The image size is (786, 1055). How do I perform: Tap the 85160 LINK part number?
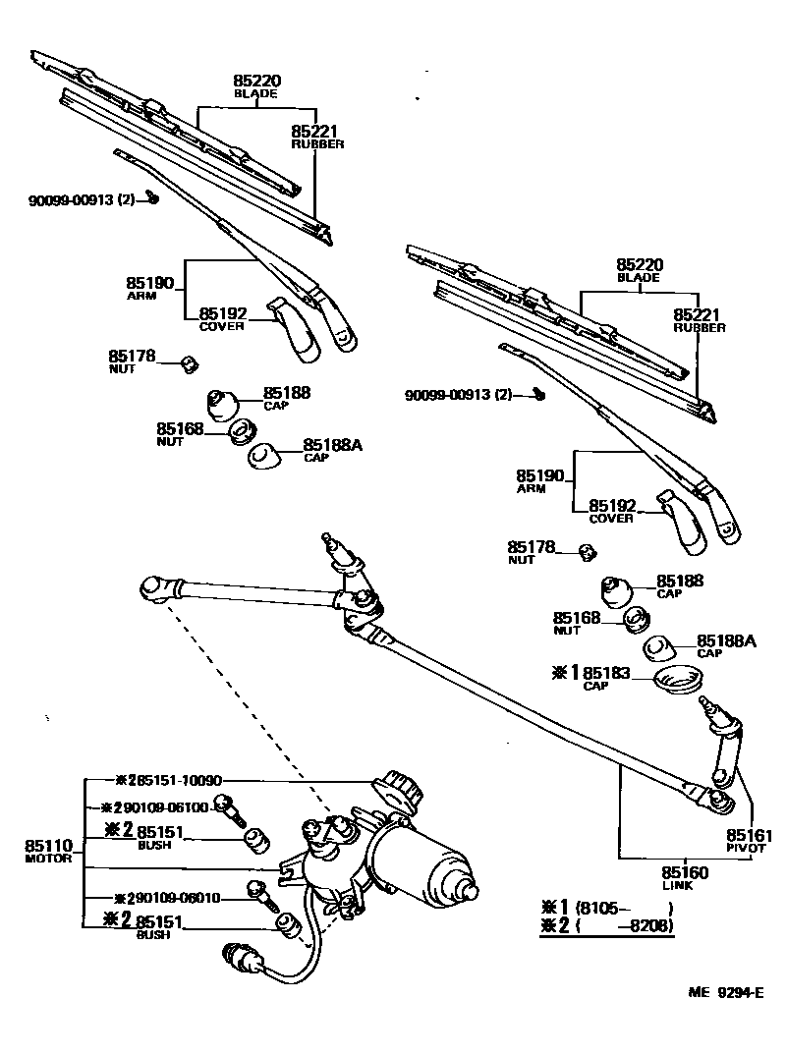point(685,871)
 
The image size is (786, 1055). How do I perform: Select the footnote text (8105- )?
point(625,907)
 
